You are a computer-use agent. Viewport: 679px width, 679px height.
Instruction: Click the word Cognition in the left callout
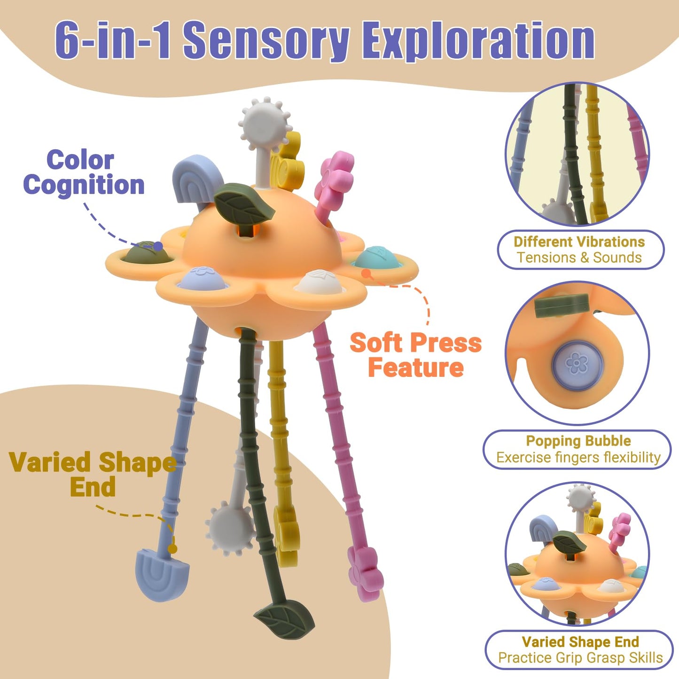pyautogui.click(x=84, y=185)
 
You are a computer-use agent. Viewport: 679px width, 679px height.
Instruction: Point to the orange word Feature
pyautogui.click(x=416, y=368)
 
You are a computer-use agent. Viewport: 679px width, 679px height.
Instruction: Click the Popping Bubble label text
pyautogui.click(x=578, y=441)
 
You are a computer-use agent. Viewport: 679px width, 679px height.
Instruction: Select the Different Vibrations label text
pyautogui.click(x=579, y=242)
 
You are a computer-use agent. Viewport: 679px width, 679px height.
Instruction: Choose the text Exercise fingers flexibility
pyautogui.click(x=578, y=458)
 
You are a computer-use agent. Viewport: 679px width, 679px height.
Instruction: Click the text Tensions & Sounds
pyautogui.click(x=579, y=258)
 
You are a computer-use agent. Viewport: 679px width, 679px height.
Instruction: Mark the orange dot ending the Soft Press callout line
pyautogui.click(x=366, y=273)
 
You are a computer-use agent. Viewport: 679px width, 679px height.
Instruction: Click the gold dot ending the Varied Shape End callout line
pyautogui.click(x=172, y=549)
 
